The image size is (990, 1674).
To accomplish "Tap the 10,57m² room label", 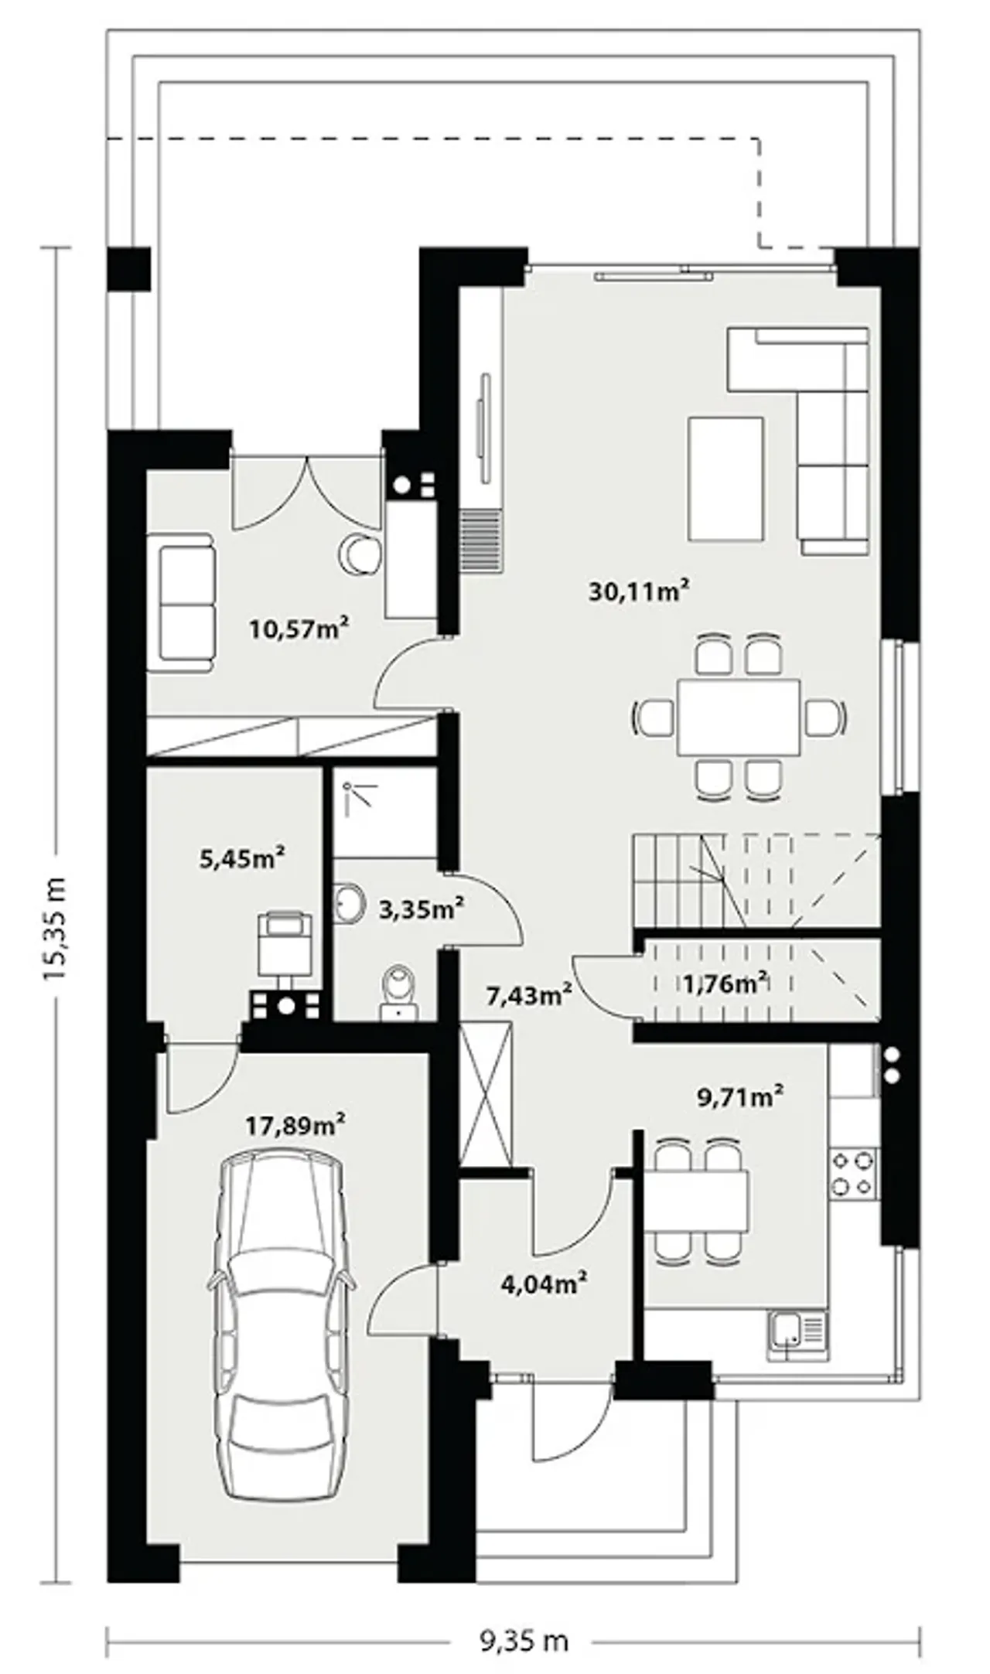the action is [x=298, y=629].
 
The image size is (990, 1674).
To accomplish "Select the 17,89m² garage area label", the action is [x=295, y=1125].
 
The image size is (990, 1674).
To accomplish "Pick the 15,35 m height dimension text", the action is [x=56, y=929].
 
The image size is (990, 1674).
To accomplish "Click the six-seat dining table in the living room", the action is [x=739, y=717].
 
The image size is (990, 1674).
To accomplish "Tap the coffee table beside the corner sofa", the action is [x=725, y=479].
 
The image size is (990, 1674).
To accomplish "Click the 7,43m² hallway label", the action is [x=529, y=995].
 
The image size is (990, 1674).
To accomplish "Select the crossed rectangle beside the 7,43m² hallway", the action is [x=486, y=1093].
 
